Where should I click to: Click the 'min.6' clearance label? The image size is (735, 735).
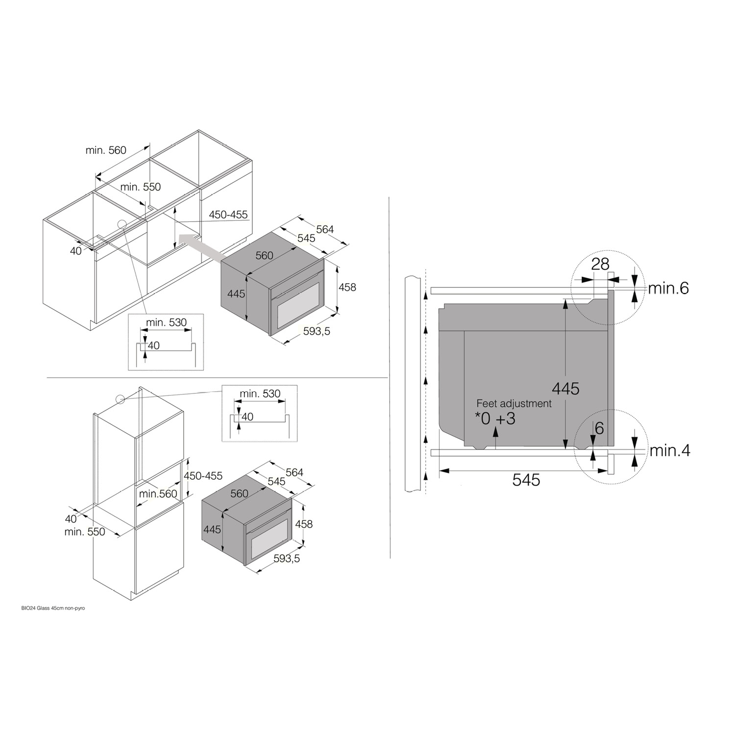[668, 288]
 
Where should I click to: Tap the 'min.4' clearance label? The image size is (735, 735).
[670, 450]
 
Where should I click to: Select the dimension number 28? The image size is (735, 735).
[600, 264]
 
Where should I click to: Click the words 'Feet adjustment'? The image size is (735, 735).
[514, 403]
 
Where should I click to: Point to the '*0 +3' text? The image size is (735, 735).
[495, 419]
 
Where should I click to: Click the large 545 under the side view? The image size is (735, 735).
[526, 480]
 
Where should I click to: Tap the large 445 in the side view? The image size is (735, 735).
[565, 389]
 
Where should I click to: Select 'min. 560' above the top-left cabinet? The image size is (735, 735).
[106, 150]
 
